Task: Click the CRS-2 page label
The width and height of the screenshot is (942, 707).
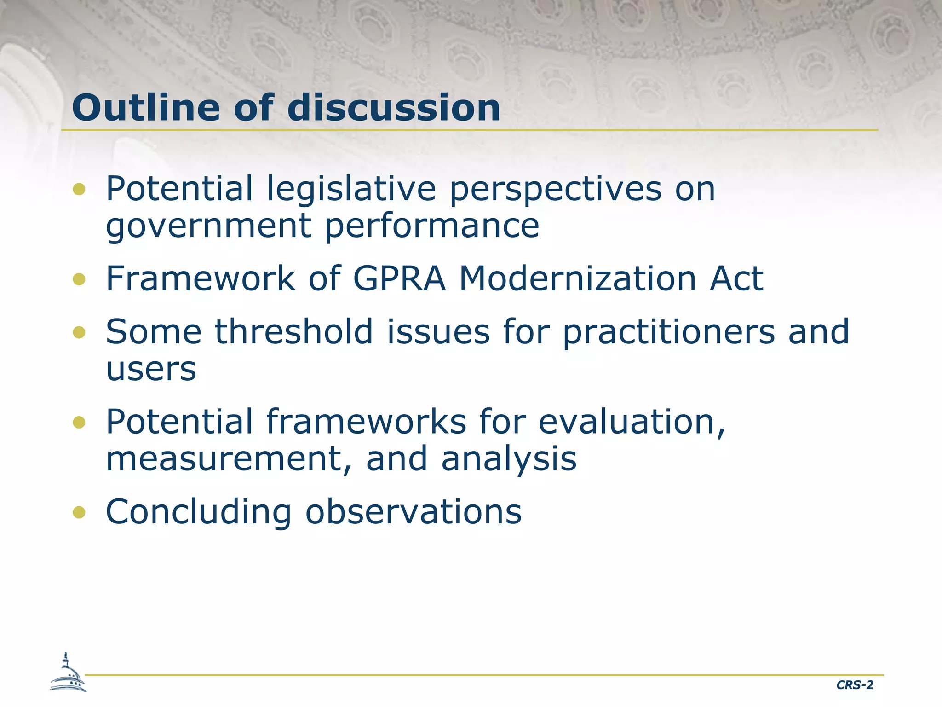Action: coord(855,685)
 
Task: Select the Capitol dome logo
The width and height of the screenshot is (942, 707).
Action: coord(68,673)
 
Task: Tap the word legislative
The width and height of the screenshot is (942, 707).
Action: coord(351,189)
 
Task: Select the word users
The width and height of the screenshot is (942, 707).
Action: coord(151,369)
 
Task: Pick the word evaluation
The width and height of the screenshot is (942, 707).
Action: coord(632,422)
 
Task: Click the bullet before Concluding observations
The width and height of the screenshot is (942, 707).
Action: coord(79,512)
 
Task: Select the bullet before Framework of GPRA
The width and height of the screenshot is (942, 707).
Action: coord(79,279)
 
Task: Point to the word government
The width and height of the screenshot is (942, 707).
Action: coord(209,226)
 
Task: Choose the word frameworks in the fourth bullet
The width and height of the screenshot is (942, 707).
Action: coord(366,422)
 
